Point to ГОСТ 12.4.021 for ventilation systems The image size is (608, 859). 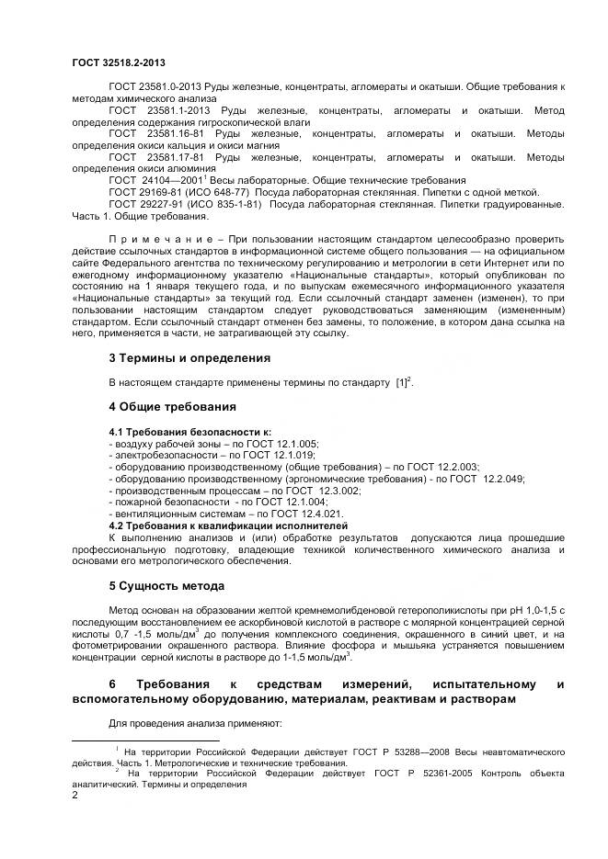pos(300,514)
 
